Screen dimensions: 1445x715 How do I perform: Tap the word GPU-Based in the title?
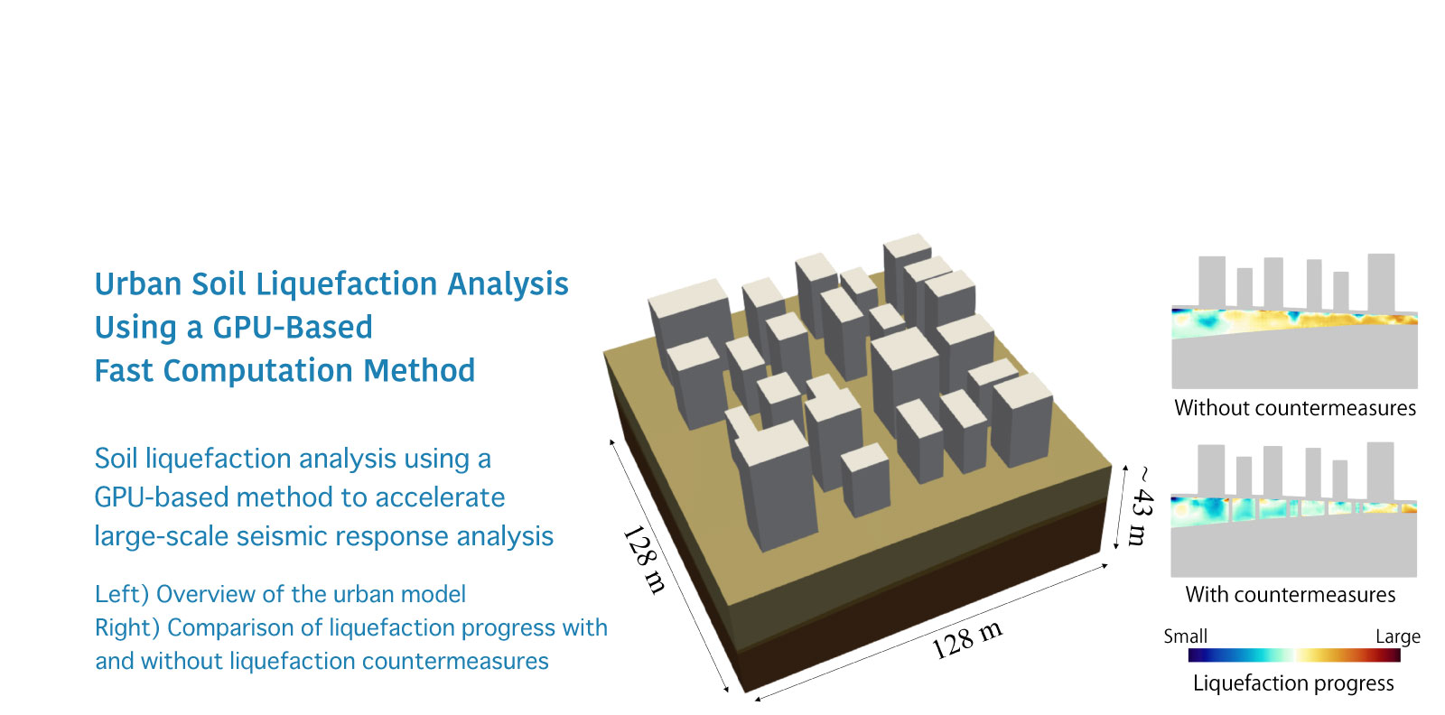tap(293, 328)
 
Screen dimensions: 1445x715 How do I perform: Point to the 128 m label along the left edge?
tap(644, 560)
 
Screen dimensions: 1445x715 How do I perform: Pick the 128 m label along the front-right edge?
tap(967, 639)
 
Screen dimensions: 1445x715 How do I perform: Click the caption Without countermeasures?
tap(1295, 408)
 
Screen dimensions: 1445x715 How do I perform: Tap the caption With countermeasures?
tap(1291, 594)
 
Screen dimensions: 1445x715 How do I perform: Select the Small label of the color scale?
tap(1185, 636)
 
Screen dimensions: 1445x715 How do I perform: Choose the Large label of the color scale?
tap(1398, 637)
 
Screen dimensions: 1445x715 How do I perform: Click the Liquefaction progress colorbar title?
tap(1293, 682)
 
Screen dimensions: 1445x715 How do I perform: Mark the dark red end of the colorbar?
tap(1394, 655)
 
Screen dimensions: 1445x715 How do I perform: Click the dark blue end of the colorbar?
tap(1196, 655)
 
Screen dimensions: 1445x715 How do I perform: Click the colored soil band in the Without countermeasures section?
tap(1294, 322)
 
